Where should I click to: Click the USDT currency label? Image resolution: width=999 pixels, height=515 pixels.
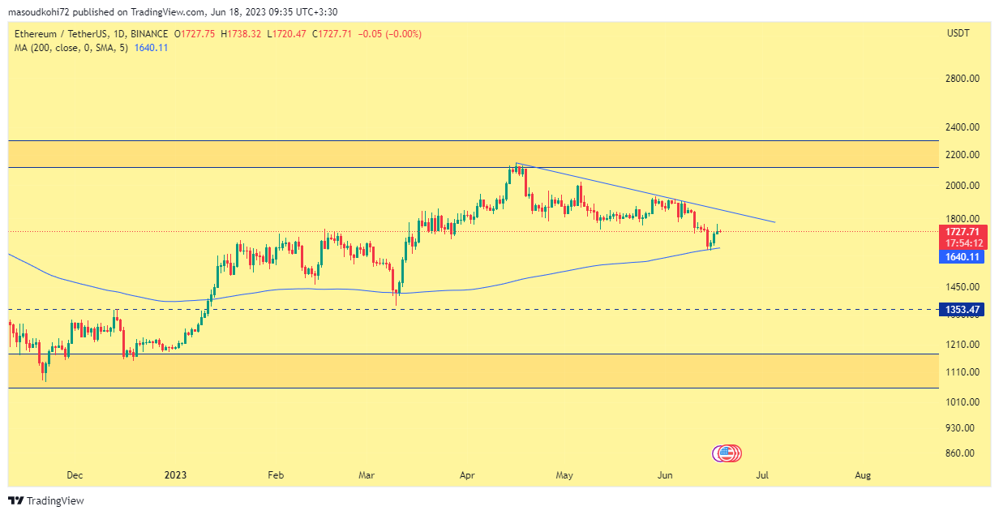tap(958, 33)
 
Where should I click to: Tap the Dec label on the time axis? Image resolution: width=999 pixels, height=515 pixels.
tap(75, 475)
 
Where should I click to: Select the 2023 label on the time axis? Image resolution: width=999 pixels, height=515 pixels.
tap(176, 475)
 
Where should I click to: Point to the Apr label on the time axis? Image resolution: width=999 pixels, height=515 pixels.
tap(466, 475)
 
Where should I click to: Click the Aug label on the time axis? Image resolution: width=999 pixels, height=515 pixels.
tap(863, 475)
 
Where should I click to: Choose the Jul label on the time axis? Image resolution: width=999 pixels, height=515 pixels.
tap(762, 475)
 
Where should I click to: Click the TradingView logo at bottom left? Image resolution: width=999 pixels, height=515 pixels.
tap(46, 500)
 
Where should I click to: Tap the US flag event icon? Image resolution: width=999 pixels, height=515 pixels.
tap(727, 453)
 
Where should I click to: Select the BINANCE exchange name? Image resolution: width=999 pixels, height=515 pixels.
tap(149, 34)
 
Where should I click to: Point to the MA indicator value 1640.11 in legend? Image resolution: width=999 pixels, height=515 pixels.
tap(151, 48)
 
